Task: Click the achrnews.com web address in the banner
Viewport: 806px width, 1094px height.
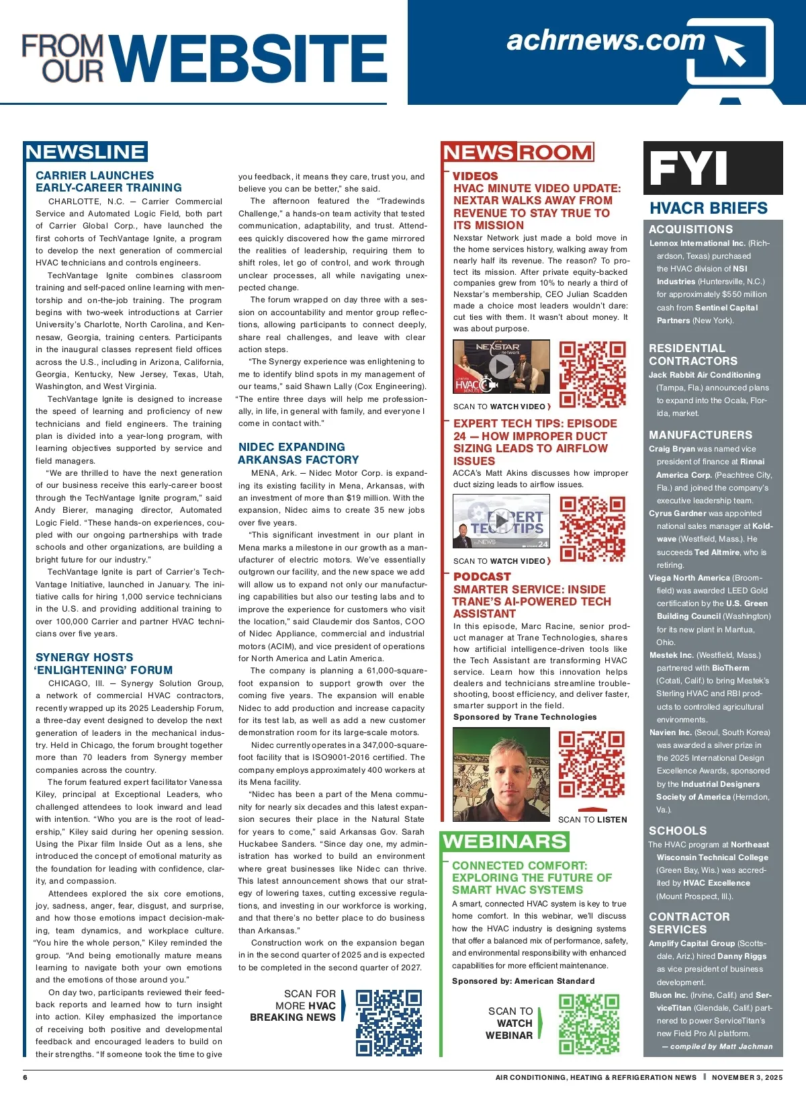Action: click(605, 41)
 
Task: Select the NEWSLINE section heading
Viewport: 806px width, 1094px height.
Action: click(85, 152)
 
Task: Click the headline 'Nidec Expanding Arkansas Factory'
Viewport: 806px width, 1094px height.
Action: click(299, 454)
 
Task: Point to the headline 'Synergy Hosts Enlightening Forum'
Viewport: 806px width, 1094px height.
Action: click(104, 664)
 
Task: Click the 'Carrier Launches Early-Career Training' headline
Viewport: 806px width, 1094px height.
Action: click(108, 181)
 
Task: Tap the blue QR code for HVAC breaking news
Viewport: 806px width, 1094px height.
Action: click(388, 1022)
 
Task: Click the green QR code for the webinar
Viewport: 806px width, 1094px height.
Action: click(589, 1023)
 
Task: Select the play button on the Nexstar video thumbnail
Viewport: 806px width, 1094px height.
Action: click(501, 367)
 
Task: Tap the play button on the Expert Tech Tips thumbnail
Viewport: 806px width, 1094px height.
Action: click(501, 520)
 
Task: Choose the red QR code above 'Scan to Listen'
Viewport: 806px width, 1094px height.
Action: click(592, 763)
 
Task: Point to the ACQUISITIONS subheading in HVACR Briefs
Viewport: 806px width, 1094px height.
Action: click(690, 229)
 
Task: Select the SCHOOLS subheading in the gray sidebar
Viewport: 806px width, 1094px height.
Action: click(677, 831)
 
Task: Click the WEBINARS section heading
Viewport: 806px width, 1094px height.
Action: click(505, 841)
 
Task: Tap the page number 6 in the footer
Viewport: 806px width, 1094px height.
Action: click(26, 1077)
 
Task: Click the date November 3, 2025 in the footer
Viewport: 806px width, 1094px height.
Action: click(747, 1077)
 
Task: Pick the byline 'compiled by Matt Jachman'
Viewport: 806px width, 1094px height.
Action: click(717, 1046)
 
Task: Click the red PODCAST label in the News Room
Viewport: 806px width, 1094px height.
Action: click(482, 577)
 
